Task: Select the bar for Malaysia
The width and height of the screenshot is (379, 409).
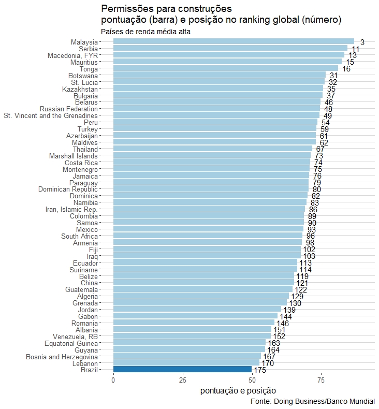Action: pos(234,42)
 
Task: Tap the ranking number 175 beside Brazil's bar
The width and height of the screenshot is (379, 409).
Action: pos(260,370)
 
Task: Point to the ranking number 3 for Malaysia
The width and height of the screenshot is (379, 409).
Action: pos(362,42)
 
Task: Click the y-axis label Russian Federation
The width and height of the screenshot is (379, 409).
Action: pos(68,109)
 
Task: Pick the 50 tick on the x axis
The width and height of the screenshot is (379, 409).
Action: pos(252,381)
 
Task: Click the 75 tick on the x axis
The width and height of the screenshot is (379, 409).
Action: pos(321,381)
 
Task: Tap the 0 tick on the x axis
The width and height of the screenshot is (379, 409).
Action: pos(113,381)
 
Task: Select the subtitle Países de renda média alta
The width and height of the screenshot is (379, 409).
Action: pos(142,32)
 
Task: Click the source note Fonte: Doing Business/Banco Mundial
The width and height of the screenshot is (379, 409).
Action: pos(312,402)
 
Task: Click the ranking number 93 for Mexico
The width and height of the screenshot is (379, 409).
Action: pos(312,230)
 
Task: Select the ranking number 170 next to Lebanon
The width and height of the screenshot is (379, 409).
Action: pos(268,363)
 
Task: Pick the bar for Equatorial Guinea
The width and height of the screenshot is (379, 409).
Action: pos(189,343)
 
